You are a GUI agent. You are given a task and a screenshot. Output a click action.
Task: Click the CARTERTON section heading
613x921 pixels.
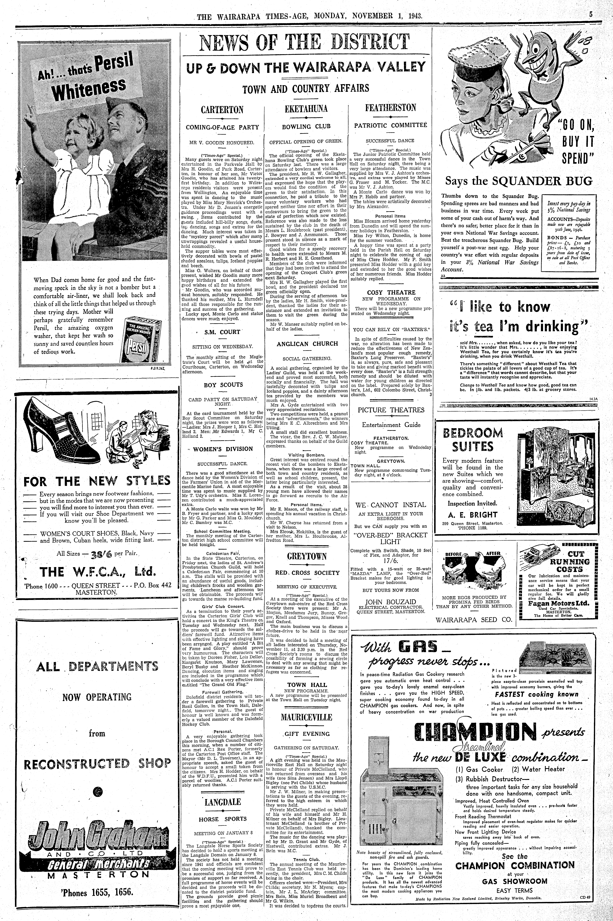[x=222, y=110]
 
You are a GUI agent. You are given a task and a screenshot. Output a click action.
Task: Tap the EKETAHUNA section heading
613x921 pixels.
[x=307, y=108]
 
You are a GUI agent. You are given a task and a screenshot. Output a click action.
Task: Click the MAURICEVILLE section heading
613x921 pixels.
[x=307, y=717]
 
